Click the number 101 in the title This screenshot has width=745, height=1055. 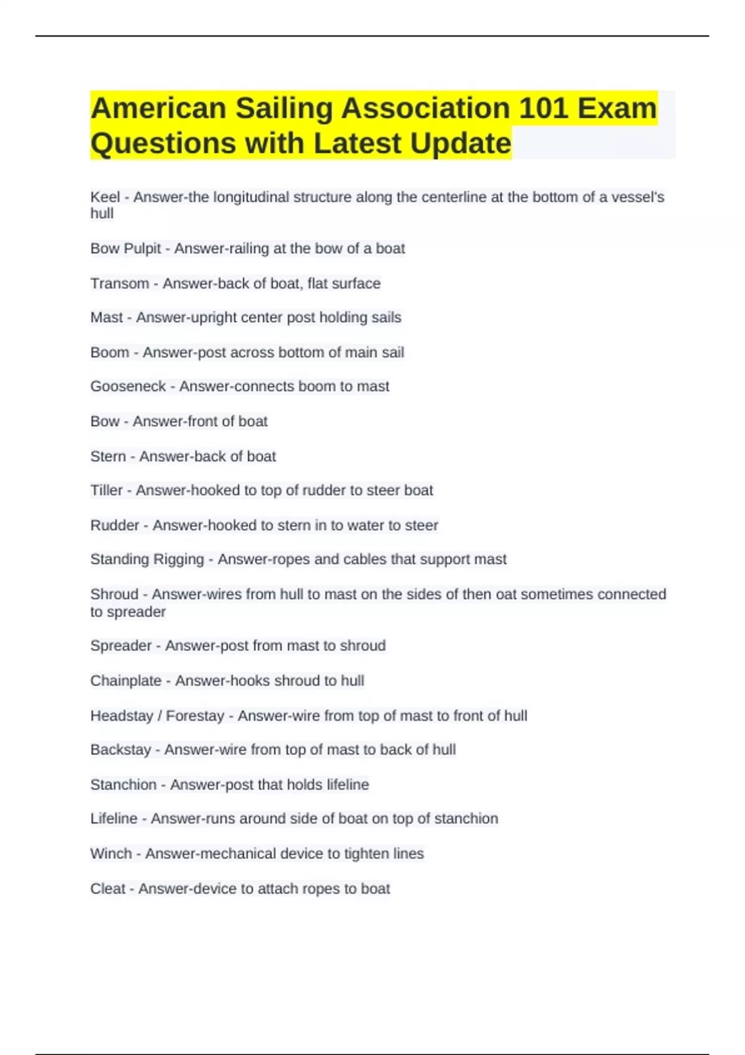543,109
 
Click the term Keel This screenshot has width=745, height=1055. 105,197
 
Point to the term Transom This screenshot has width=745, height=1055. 120,284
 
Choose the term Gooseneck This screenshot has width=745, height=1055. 128,387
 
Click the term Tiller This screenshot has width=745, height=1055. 106,490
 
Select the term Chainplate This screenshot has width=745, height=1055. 125,681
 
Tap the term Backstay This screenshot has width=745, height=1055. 120,750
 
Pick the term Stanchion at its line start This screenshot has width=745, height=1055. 123,785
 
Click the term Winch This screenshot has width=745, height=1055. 111,854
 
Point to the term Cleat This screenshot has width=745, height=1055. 108,889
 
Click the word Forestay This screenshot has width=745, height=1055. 195,716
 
